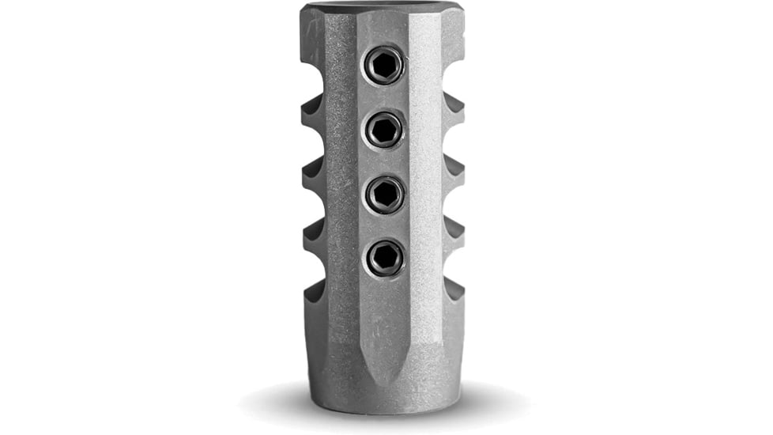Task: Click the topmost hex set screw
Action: point(384,65)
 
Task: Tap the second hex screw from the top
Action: point(384,129)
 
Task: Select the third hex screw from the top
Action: point(384,193)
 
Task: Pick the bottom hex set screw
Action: point(384,257)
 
